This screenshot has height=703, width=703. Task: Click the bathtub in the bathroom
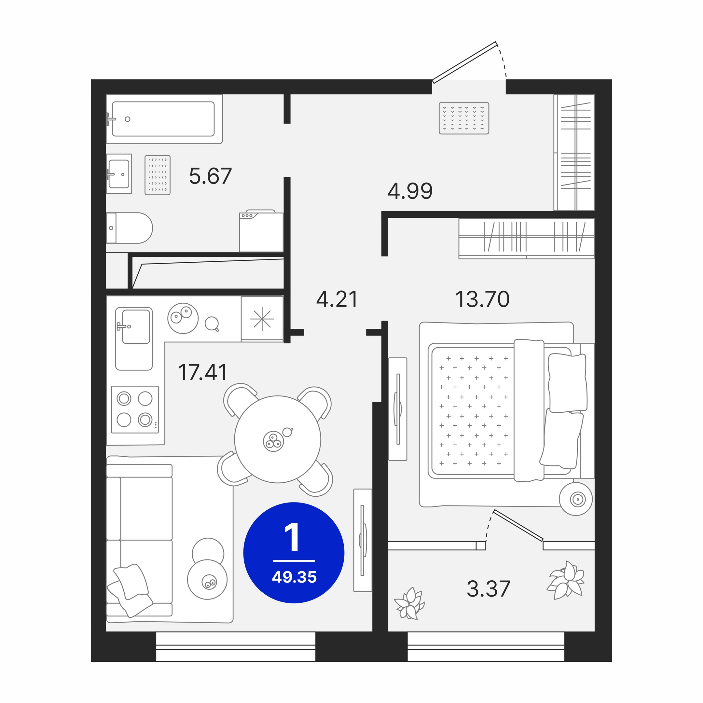164,119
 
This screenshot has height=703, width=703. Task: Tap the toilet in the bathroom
129,228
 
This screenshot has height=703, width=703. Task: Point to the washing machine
261,231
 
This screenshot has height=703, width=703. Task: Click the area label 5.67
210,176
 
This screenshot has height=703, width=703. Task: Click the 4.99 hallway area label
410,191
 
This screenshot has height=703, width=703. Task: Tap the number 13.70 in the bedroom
482,299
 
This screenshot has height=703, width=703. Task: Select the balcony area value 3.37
488,589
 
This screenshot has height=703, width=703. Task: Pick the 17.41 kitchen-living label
203,372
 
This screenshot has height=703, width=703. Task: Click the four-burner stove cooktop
135,410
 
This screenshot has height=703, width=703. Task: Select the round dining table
278,439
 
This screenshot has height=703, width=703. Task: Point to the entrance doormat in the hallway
464,118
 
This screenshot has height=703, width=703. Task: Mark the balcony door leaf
518,525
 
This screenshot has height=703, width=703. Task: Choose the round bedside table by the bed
576,499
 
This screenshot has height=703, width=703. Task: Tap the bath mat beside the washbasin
158,175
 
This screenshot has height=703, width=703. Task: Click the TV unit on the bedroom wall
398,409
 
